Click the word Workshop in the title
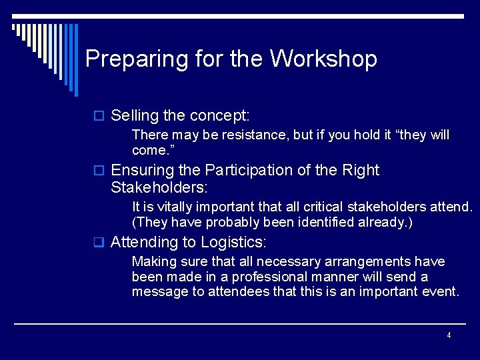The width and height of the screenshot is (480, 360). point(323,59)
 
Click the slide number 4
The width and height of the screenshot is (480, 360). point(449,335)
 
